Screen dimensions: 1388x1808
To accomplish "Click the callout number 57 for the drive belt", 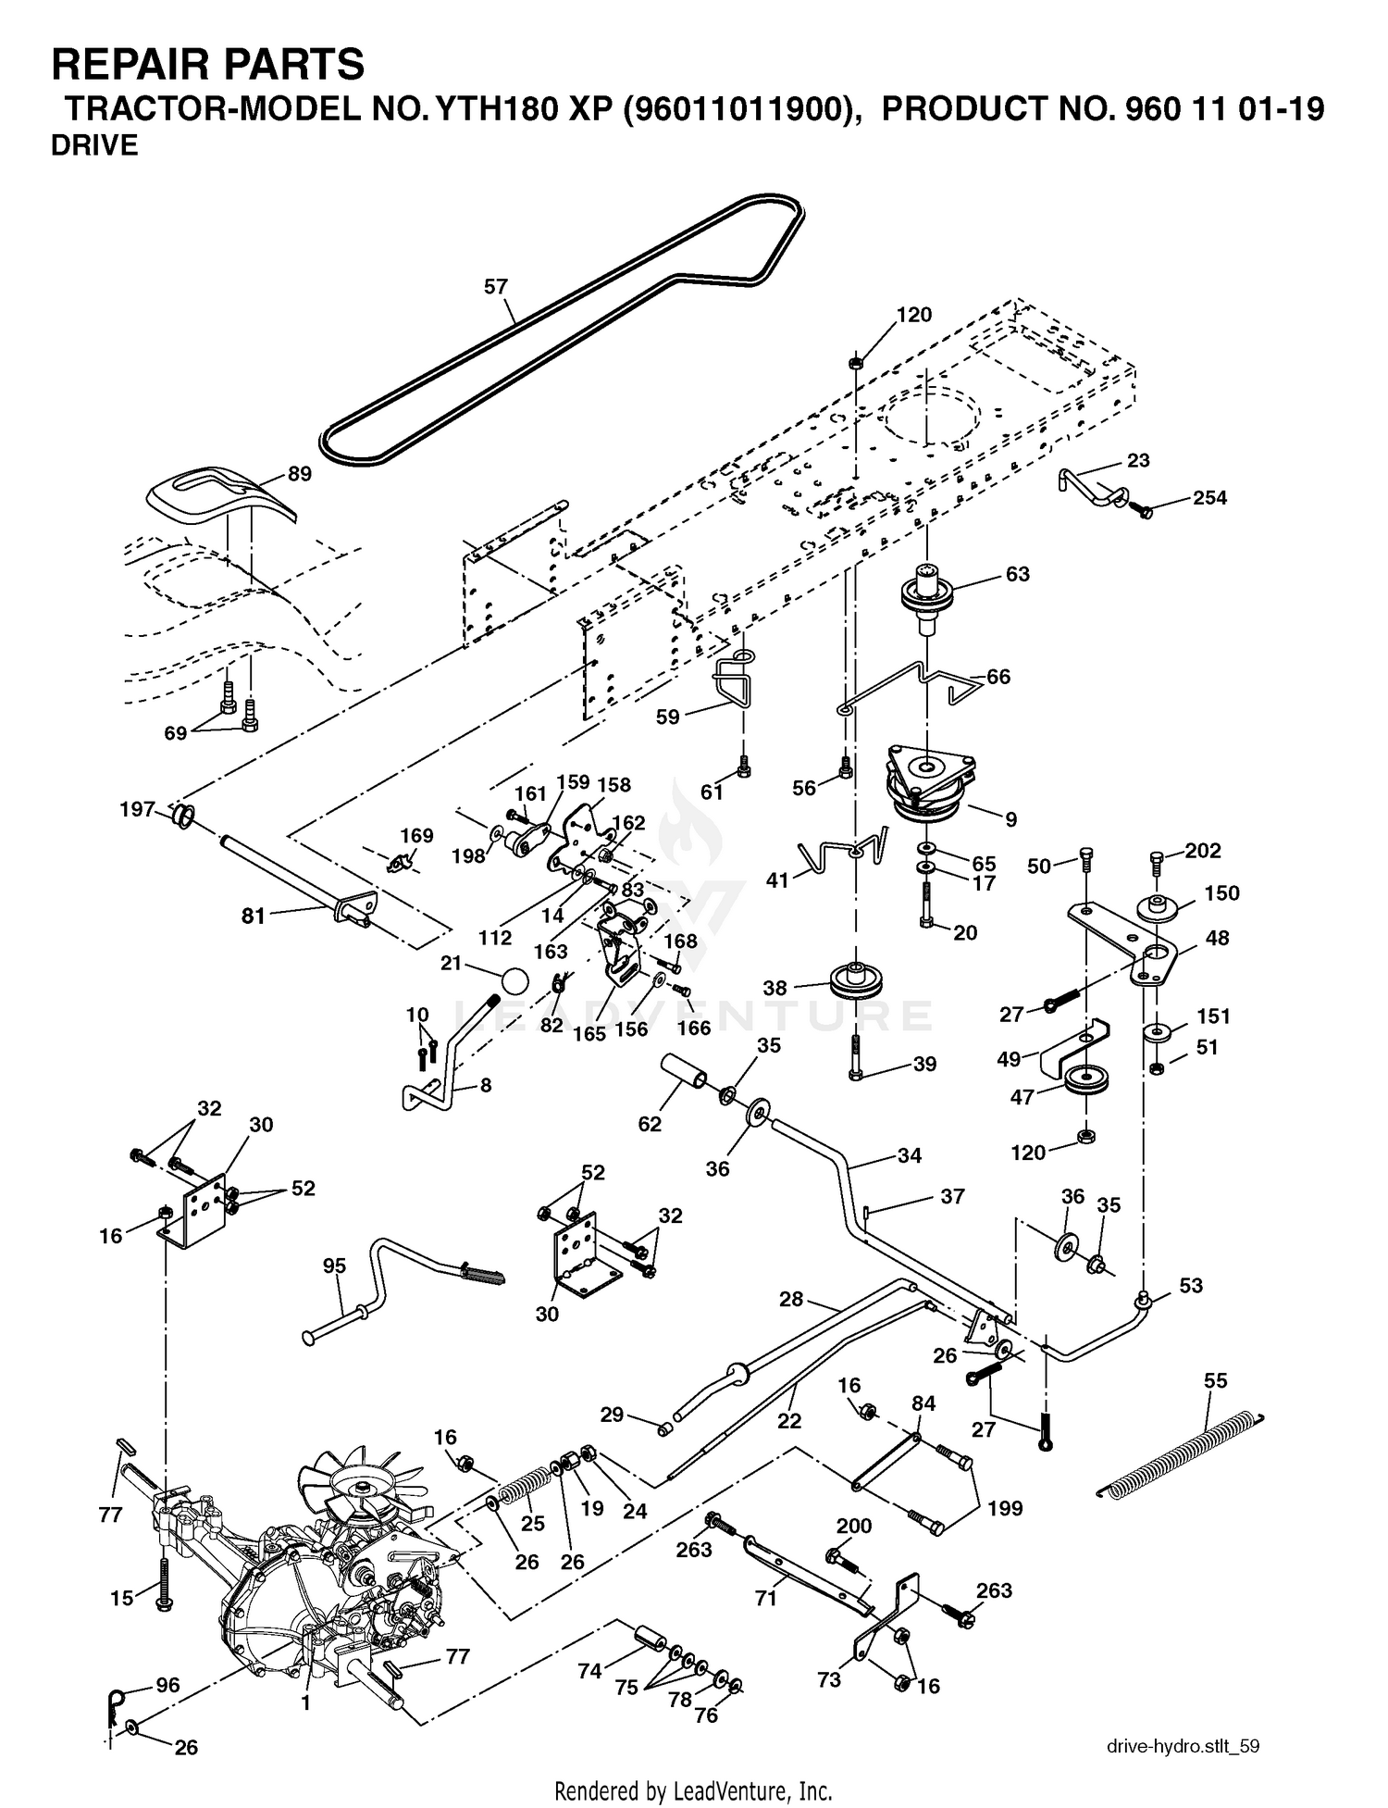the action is tap(496, 287).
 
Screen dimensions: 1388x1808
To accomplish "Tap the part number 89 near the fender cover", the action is tap(300, 474).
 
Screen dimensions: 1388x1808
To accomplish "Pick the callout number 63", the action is tap(1017, 575).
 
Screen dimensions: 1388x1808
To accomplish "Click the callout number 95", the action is tap(334, 1266).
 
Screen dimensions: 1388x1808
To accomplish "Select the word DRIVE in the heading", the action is tap(94, 146).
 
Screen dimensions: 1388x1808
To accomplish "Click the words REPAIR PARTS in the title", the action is tap(208, 65).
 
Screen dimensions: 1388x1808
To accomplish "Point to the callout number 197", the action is tap(137, 810).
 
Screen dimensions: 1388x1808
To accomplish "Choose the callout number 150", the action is tap(1221, 893).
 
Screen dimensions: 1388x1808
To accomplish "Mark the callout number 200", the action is tap(853, 1526).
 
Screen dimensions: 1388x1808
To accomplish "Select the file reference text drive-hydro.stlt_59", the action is tap(1183, 1747).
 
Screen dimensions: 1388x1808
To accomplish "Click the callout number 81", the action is tap(253, 916).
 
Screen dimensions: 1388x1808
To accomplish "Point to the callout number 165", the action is tap(589, 1033).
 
